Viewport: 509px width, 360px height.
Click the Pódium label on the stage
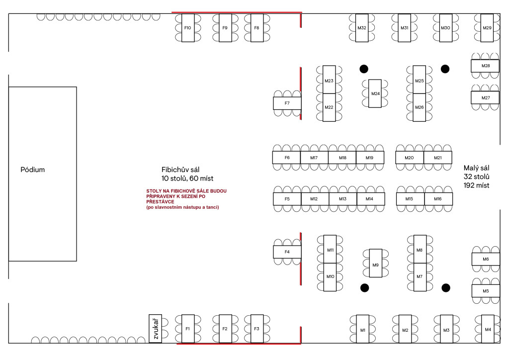pos(32,170)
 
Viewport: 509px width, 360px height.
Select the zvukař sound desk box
pos(155,328)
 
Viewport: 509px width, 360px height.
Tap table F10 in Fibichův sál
pos(188,28)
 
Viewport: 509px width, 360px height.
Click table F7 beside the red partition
pos(287,103)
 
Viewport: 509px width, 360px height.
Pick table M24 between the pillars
pos(375,93)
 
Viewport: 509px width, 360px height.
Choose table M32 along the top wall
pos(362,28)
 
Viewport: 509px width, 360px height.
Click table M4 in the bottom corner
pos(488,329)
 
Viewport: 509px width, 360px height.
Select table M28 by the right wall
pos(485,66)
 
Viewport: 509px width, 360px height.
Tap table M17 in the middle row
pos(314,158)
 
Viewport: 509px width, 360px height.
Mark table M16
pos(438,199)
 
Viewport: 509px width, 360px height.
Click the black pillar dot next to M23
pos(364,69)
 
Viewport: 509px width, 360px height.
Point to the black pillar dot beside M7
pos(446,287)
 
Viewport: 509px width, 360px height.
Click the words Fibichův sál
pos(180,170)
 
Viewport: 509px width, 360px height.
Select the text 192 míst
pos(476,185)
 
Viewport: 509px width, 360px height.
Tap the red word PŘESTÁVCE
pos(160,201)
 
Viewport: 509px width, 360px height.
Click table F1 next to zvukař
pos(188,329)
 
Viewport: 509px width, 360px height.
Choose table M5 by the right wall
pos(486,291)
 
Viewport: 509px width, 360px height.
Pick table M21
pos(438,158)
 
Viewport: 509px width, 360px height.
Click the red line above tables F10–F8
pos(237,12)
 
